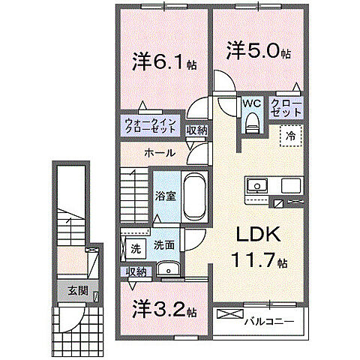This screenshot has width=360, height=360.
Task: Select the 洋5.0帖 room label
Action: [258, 50]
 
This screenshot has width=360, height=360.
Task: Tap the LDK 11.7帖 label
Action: [259, 248]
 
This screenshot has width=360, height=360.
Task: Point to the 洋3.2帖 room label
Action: [165, 309]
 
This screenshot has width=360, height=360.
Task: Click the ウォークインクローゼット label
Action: [151, 124]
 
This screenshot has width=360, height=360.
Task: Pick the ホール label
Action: [159, 153]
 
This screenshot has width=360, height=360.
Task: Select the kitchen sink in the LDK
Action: [256, 185]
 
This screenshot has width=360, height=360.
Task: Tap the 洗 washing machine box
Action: [136, 247]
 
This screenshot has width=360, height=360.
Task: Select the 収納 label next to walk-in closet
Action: [196, 130]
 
